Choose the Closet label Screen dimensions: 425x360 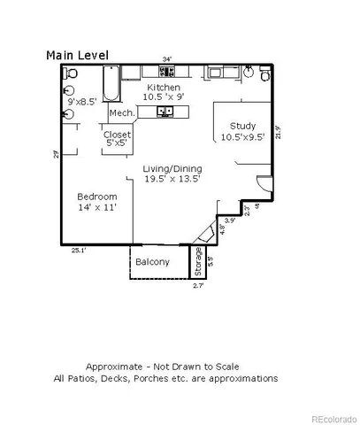pos(118,135)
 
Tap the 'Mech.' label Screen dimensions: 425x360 pos(121,113)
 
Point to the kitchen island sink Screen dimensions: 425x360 pos(165,112)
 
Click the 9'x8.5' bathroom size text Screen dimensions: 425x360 pos(81,102)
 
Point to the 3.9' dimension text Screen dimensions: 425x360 pos(229,220)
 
